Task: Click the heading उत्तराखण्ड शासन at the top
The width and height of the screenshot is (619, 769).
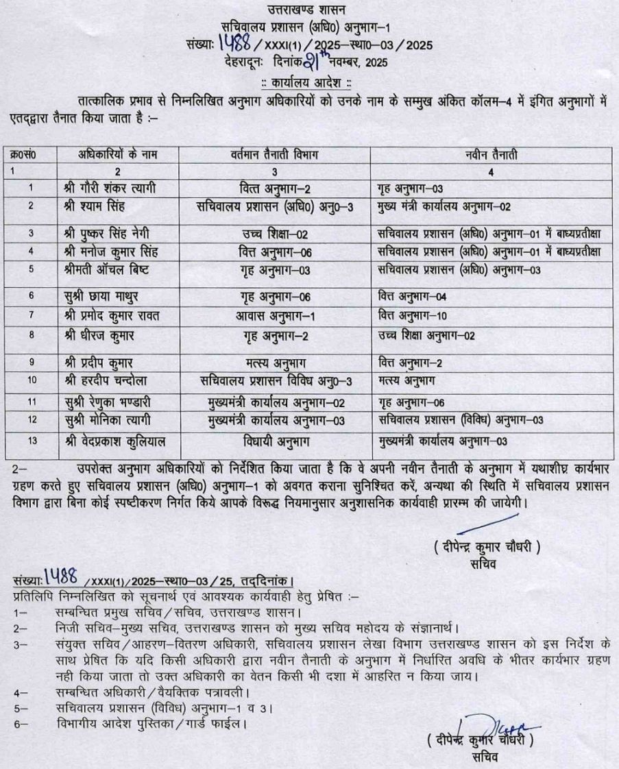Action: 309,9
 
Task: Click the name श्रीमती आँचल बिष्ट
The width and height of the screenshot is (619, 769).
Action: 114,269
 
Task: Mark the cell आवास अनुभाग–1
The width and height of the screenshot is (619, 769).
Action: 271,316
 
